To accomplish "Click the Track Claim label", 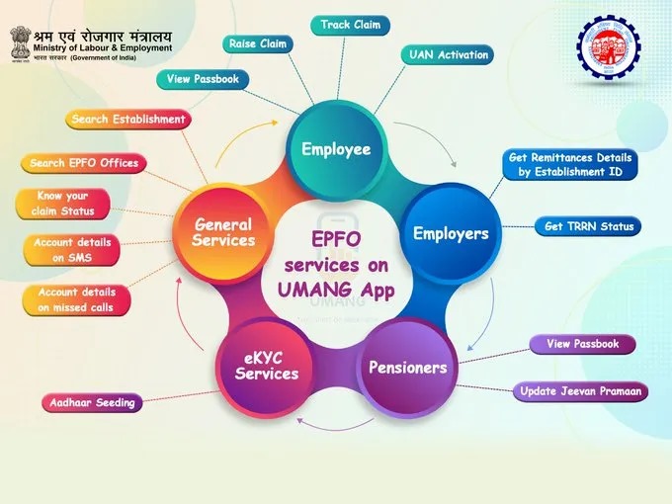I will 350,25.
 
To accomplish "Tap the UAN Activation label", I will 449,55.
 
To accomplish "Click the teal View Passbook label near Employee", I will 202,79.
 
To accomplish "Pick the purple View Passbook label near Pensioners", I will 582,344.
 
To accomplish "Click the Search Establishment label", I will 128,120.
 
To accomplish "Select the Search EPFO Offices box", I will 84,163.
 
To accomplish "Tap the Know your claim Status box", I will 62,204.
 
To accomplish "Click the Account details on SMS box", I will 72,250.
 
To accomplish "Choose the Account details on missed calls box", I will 75,300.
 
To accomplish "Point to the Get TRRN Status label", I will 587,226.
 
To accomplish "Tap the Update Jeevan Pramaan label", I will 581,391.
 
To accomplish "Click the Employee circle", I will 336,150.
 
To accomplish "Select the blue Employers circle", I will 451,234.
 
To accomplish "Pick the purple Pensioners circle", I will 407,368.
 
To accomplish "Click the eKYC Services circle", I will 266,367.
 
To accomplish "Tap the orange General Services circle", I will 222,233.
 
